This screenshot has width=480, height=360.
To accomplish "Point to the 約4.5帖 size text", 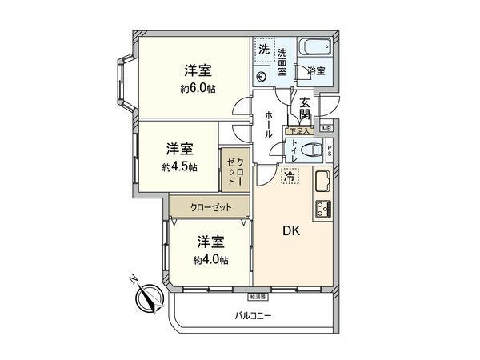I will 178,167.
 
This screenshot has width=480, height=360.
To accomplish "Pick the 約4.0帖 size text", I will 210,260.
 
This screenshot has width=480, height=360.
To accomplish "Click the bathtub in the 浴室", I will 314,50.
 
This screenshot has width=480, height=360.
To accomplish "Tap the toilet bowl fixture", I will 315,149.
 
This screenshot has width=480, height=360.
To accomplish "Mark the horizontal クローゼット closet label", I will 210,207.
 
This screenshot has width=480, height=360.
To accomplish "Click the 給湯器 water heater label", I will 257,296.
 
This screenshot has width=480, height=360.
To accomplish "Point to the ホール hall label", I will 269,124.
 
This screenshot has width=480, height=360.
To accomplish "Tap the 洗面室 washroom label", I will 282,62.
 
